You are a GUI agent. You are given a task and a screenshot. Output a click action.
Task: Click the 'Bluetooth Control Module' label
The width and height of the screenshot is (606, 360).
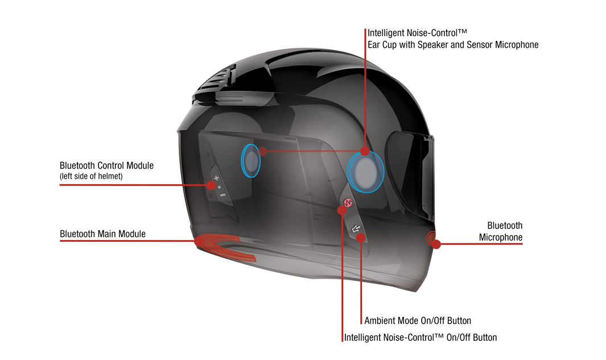(x=106, y=165)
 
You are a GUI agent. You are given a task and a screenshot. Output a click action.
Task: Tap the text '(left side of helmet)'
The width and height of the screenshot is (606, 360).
(x=91, y=176)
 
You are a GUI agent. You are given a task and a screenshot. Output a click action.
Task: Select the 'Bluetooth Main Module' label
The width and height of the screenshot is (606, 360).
(x=102, y=234)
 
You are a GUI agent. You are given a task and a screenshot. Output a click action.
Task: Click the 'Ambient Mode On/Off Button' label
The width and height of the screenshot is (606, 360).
(x=418, y=321)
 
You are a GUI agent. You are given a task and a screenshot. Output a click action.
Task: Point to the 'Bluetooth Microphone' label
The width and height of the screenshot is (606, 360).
(x=501, y=231)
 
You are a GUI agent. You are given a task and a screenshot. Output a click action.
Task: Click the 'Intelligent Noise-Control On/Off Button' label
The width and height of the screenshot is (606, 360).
(x=421, y=338)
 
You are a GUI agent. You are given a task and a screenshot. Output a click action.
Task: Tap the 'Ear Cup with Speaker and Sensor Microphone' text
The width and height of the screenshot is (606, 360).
(x=453, y=45)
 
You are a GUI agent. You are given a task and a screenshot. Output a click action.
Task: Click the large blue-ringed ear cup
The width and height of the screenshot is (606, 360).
(x=365, y=172)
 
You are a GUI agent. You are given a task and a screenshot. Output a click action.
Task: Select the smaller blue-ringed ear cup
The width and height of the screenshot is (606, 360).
(x=251, y=161)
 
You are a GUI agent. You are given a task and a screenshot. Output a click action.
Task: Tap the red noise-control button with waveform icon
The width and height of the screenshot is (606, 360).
(x=348, y=202)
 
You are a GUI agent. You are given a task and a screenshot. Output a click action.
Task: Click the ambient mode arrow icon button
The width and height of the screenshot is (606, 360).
(x=356, y=229)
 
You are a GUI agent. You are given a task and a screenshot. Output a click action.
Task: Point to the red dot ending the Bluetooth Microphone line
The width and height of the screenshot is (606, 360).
(x=436, y=244)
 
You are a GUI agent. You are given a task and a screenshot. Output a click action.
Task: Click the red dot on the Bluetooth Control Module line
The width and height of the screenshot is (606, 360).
(x=211, y=185)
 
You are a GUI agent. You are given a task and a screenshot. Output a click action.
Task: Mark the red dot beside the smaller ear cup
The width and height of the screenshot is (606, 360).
(x=262, y=151)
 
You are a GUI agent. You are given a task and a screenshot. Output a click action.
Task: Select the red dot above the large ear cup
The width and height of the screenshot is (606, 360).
(x=364, y=151)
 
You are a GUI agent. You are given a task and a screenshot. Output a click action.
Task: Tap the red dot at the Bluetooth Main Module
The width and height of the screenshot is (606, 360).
(x=199, y=241)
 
